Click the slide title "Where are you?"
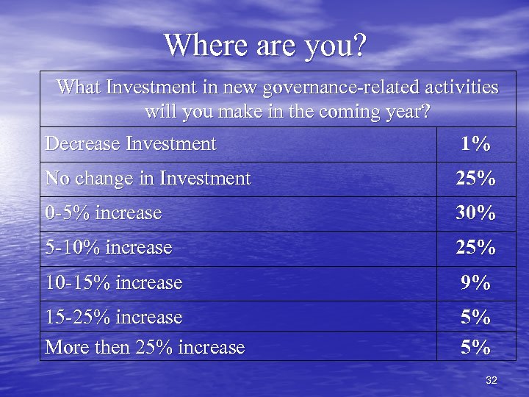(264, 46)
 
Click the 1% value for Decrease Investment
(475, 144)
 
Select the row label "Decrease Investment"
(131, 143)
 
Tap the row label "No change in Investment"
(148, 178)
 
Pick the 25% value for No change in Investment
(475, 179)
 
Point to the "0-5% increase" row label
(103, 213)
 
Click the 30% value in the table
(475, 214)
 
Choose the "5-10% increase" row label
(108, 248)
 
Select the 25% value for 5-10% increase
(475, 248)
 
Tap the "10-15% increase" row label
(113, 282)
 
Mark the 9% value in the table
(475, 283)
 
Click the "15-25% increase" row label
(113, 317)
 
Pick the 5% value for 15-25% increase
(475, 318)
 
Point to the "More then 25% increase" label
(145, 347)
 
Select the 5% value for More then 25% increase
(475, 347)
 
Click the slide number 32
(492, 380)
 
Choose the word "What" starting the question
(79, 88)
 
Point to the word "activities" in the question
(463, 88)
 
